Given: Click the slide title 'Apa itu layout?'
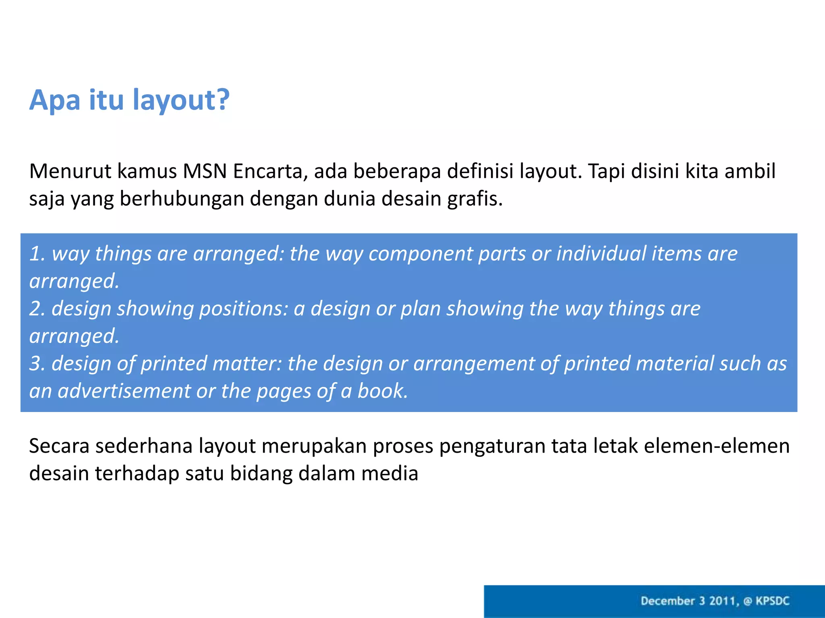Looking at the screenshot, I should point(129,100).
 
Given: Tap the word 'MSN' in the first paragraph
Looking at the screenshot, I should point(205,171).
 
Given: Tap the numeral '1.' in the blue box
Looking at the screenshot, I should point(37,254).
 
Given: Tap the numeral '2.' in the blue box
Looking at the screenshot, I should point(37,309).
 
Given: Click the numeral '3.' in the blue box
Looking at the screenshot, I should point(37,364).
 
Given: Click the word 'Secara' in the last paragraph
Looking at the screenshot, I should point(59,446).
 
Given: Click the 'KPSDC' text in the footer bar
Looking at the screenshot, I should point(772,601).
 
